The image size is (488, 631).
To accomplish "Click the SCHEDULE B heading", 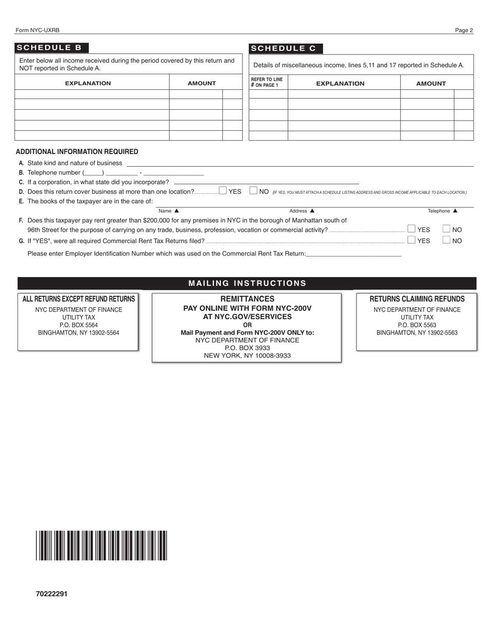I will [x=49, y=48].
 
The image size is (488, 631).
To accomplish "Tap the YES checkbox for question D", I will [x=222, y=191].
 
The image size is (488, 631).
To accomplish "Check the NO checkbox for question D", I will [x=253, y=191].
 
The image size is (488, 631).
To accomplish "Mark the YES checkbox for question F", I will [x=411, y=229].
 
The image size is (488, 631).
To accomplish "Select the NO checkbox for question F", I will [x=446, y=229].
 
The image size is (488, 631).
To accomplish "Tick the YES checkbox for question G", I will [x=411, y=240].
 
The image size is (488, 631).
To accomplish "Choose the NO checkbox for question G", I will [x=446, y=240].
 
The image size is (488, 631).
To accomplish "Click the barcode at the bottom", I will [x=101, y=545].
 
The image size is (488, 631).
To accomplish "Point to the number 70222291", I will [x=51, y=594].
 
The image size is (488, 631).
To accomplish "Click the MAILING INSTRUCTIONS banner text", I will [x=247, y=283].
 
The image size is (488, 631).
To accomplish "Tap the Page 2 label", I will [x=464, y=30].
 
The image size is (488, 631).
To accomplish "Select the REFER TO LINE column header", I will [x=267, y=82].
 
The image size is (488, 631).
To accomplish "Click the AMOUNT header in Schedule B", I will [x=201, y=83].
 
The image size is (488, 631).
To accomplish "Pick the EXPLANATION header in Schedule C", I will [x=340, y=84].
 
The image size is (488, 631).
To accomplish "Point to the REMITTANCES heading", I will [x=247, y=299].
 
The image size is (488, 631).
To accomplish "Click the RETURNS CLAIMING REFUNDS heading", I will [x=417, y=299].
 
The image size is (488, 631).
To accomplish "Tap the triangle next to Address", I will [x=312, y=210].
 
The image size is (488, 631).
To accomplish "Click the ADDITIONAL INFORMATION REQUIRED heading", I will [x=77, y=152].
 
